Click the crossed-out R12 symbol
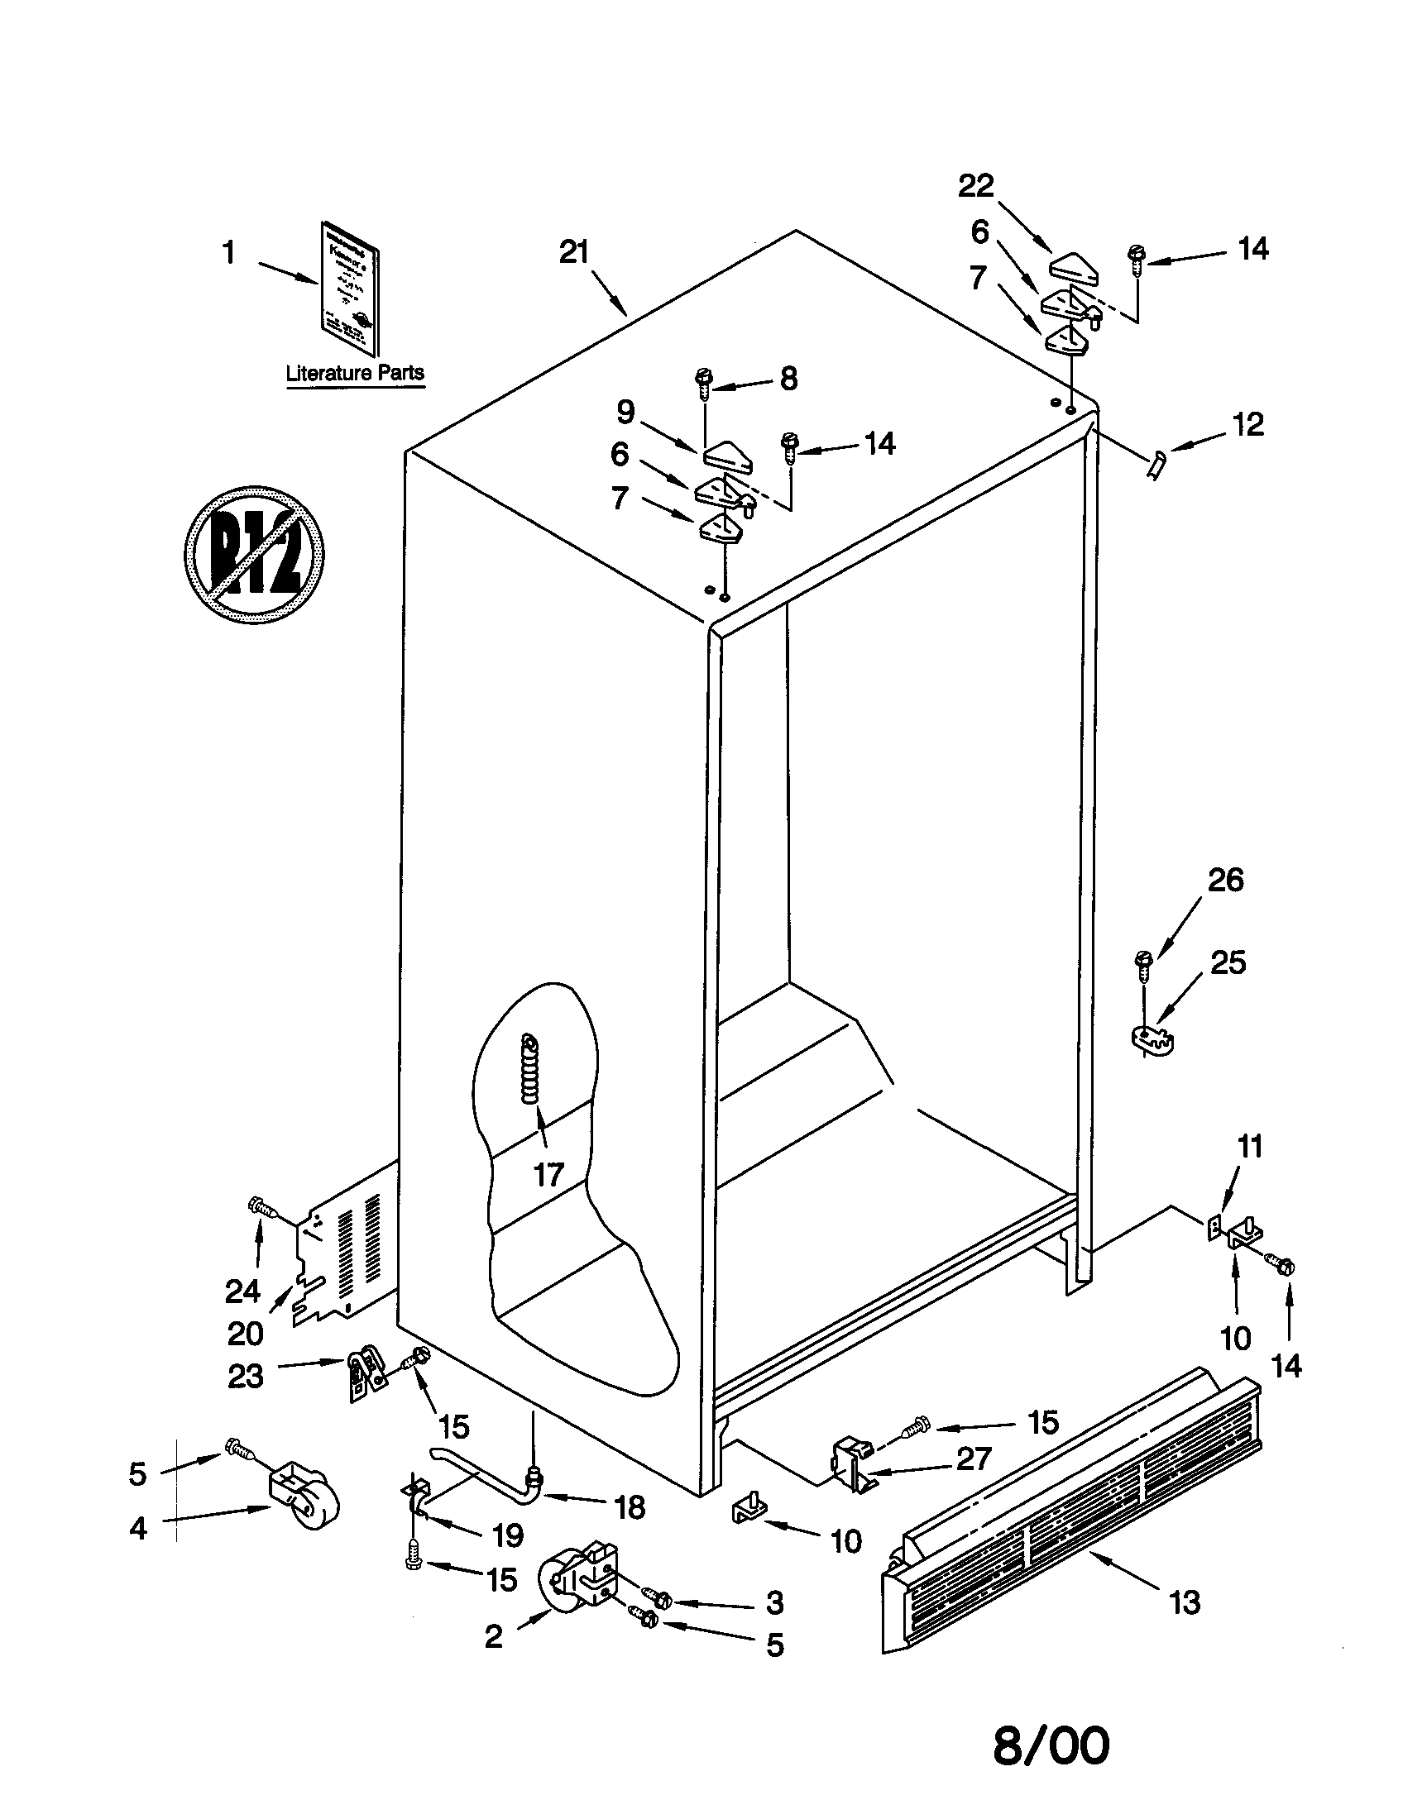[254, 554]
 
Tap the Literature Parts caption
[355, 373]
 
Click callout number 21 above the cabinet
[574, 252]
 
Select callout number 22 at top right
[976, 186]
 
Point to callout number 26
[1225, 880]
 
